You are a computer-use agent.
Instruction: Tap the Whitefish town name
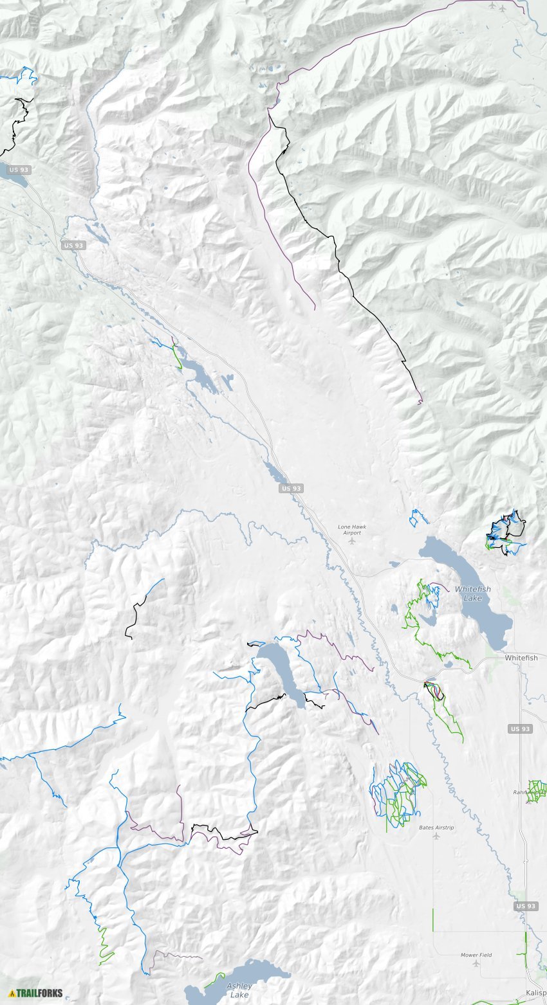(521, 658)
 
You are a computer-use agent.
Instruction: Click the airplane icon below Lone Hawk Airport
(351, 541)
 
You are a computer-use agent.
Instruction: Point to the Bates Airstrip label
(436, 828)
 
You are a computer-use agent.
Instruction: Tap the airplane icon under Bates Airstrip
(436, 837)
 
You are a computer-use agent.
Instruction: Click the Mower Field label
(476, 955)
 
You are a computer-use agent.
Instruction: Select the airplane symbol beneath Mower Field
(476, 964)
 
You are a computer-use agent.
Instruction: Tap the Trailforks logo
(36, 993)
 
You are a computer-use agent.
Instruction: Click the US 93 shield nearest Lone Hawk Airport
(291, 489)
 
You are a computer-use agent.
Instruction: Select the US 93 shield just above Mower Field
(526, 906)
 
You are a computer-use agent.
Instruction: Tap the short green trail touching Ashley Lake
(214, 980)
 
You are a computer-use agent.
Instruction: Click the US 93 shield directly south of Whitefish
(520, 729)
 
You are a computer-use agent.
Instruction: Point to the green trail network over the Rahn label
(536, 790)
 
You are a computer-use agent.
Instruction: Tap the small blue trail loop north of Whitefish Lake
(418, 517)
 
